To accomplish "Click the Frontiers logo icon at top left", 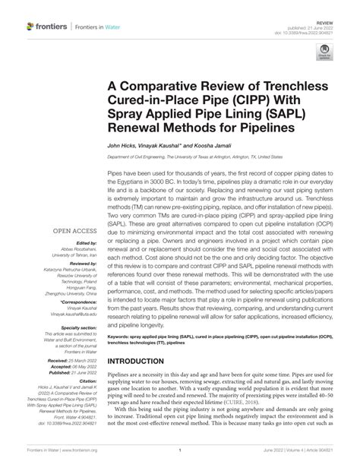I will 30,27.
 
